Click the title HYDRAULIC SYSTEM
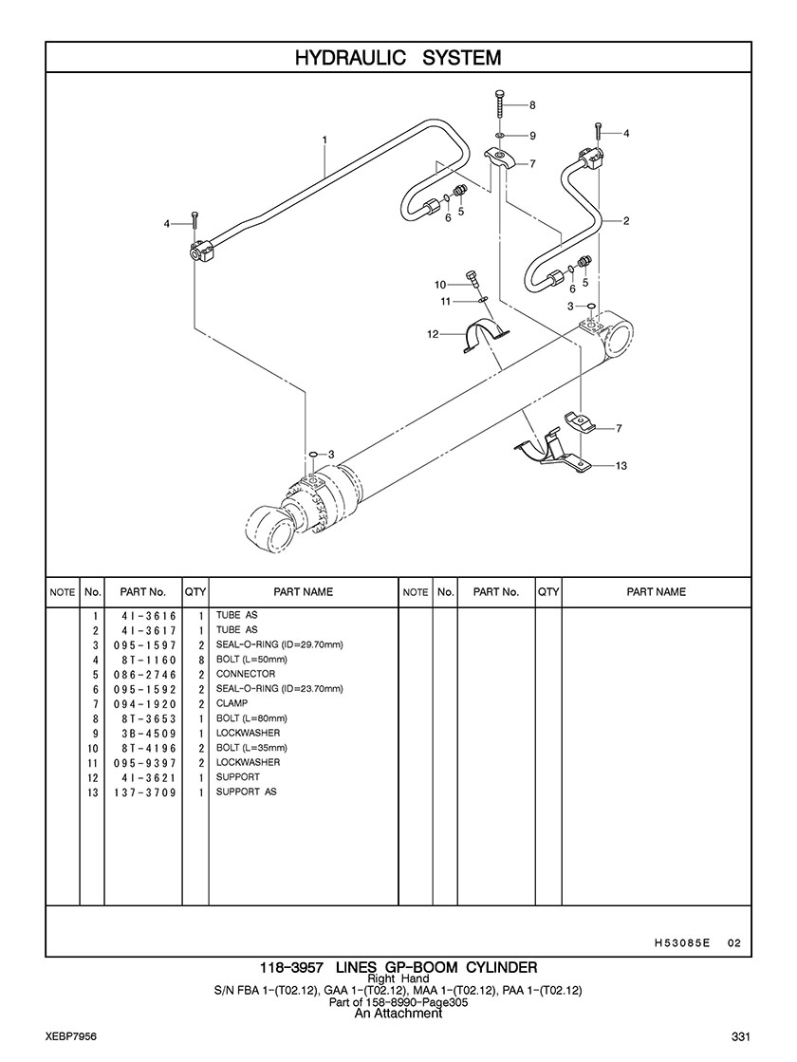click(x=398, y=58)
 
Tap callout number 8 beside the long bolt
click(x=532, y=104)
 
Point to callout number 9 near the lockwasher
click(x=533, y=136)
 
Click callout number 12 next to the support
click(x=432, y=334)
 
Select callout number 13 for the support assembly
click(x=621, y=466)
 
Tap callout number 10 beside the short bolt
click(x=440, y=285)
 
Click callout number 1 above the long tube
click(x=324, y=140)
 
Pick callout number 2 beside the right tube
click(x=626, y=221)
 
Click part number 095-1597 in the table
click(x=149, y=645)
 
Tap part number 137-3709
click(x=149, y=792)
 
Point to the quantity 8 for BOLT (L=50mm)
click(x=202, y=660)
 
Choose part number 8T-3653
click(x=149, y=718)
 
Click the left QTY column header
click(x=195, y=591)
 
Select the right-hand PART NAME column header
click(x=656, y=591)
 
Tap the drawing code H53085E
click(x=682, y=943)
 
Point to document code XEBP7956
click(x=70, y=1034)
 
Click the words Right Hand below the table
click(x=398, y=978)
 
